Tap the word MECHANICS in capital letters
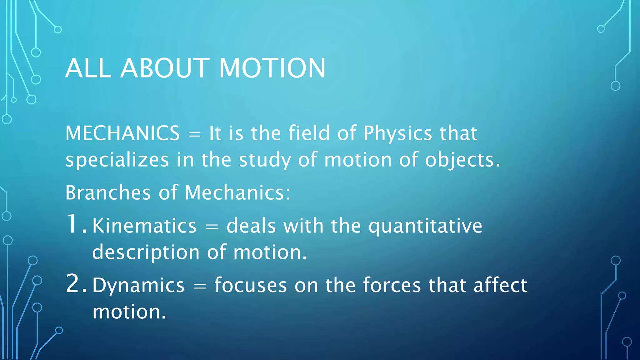(122, 133)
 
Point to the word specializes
(117, 160)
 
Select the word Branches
(108, 192)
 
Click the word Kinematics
(144, 226)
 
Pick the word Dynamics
(138, 286)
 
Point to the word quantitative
(425, 226)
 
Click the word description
(146, 252)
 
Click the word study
(265, 160)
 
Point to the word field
(309, 133)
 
